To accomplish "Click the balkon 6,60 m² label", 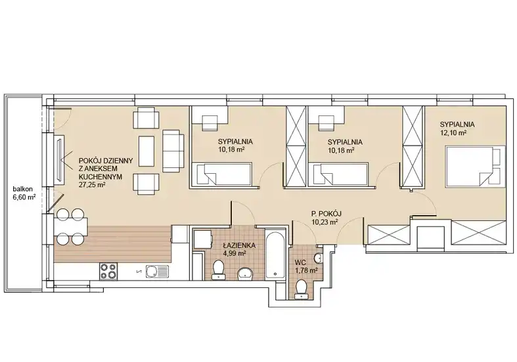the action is (x=24, y=193).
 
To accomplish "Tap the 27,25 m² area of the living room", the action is (x=92, y=185).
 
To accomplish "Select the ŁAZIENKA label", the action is (x=238, y=245).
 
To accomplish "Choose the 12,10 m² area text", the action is (x=453, y=132).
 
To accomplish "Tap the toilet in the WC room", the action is (x=301, y=289).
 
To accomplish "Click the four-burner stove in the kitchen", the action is (x=108, y=271).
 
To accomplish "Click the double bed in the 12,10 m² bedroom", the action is (x=475, y=167).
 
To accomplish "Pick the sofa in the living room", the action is (x=173, y=150).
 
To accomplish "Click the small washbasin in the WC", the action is (x=319, y=258).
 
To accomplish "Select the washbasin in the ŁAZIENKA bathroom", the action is (x=245, y=273).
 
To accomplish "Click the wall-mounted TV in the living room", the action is (x=59, y=161).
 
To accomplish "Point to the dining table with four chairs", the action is (x=70, y=227).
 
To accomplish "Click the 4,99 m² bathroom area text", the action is (x=238, y=253).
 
